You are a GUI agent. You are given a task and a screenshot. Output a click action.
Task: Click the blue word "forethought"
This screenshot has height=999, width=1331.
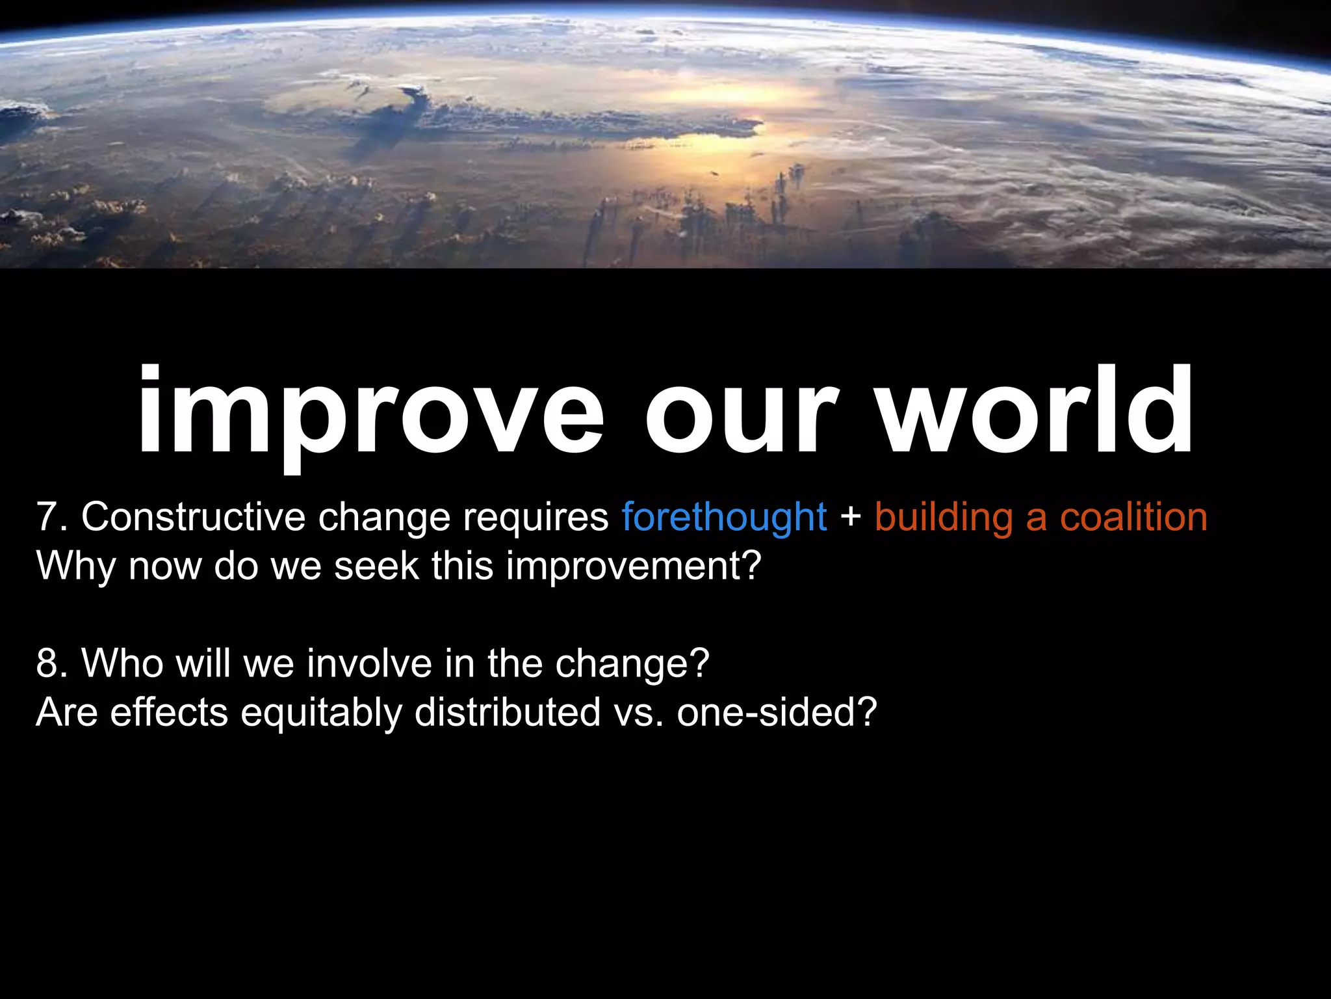(724, 517)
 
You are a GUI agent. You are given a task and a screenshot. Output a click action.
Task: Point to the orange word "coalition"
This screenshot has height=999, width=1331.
(1133, 517)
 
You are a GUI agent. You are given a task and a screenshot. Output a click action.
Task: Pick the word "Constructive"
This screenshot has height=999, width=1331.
(193, 517)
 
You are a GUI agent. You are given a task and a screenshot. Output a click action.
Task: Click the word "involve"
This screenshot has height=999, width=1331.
(369, 663)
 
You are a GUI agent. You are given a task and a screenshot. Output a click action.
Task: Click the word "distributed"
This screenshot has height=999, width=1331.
(508, 712)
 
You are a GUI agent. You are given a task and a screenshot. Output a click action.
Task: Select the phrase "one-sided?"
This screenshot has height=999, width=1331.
(777, 712)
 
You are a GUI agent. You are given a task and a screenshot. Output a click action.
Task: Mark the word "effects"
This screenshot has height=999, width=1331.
(169, 712)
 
